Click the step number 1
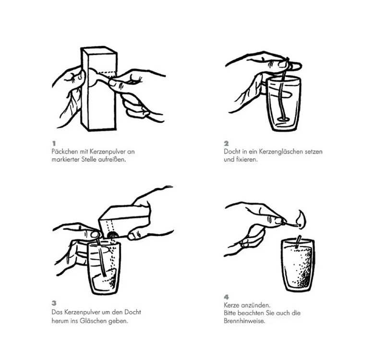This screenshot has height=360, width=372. click(54, 144)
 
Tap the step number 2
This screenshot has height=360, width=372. click(227, 144)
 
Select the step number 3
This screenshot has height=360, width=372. click(54, 303)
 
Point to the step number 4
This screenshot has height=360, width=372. click(227, 297)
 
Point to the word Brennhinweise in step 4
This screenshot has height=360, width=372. click(244, 321)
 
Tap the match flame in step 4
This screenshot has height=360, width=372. click(301, 219)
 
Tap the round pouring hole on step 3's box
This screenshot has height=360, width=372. click(111, 235)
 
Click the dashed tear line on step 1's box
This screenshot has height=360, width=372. click(108, 72)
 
